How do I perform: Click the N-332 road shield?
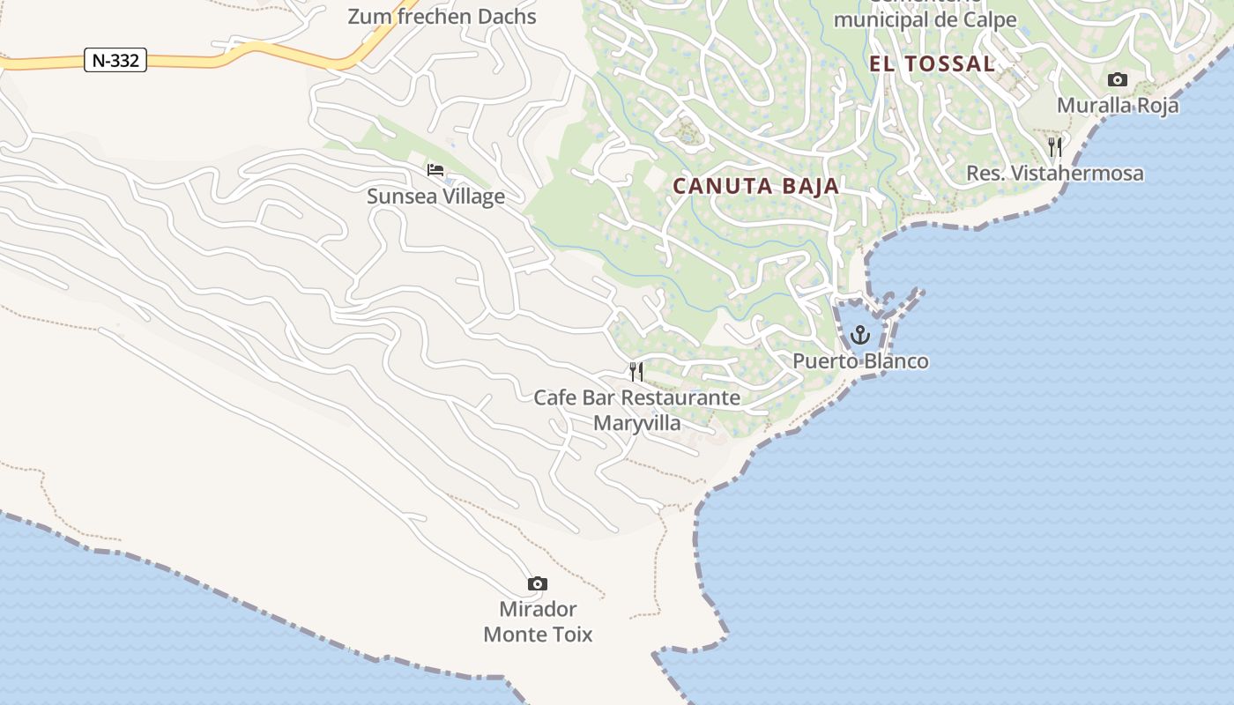point(115,60)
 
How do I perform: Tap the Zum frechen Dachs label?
point(442,16)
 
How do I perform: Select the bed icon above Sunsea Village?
point(435,169)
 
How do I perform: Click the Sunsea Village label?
point(435,196)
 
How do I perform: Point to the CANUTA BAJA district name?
point(755,186)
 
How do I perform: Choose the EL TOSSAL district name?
point(932,63)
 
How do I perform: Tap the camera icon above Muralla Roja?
point(1117,80)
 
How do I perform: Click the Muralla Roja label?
point(1117,106)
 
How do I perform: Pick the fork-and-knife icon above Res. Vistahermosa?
point(1055,146)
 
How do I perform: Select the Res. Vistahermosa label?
point(1055,174)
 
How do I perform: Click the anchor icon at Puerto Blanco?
point(859,335)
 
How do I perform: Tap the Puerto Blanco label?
point(860,361)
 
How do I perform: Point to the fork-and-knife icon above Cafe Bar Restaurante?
point(636,371)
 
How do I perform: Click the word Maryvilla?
point(636,423)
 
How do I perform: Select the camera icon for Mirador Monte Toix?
point(537,583)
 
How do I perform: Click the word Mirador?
point(538,609)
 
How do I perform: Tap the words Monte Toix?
point(538,634)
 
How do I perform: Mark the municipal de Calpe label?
point(925,19)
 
